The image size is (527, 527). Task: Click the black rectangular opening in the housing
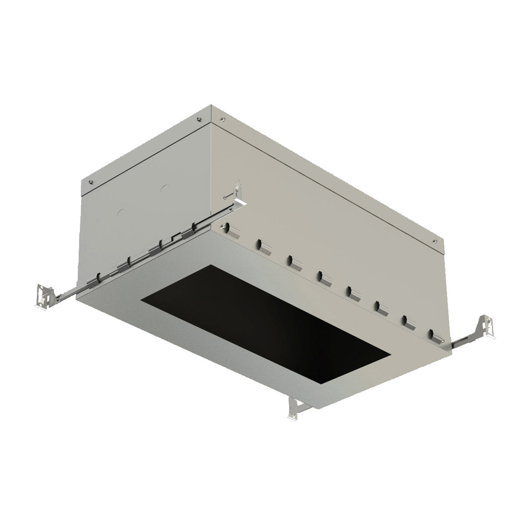click(263, 325)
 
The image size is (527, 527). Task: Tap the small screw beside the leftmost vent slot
click(224, 226)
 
